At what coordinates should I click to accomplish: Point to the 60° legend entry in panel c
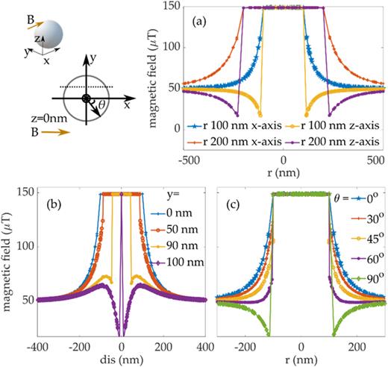point(357,258)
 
